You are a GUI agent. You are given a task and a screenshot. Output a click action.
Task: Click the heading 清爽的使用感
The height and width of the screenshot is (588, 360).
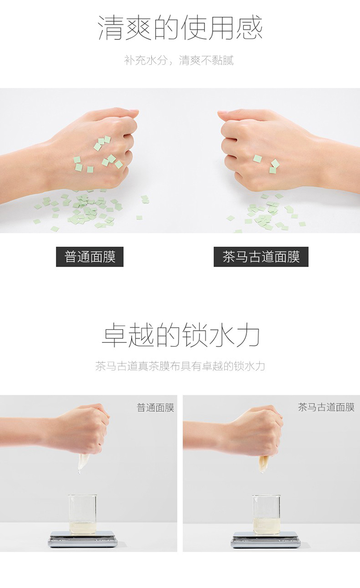180,28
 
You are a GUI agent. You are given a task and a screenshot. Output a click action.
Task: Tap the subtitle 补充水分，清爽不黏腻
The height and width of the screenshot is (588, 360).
179,60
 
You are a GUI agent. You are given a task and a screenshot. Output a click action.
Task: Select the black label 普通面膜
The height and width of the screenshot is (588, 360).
90,257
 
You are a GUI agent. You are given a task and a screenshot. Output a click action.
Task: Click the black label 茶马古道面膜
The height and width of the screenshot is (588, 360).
261,257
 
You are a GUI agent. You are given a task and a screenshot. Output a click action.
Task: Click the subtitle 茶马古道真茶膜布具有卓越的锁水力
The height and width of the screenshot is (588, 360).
180,366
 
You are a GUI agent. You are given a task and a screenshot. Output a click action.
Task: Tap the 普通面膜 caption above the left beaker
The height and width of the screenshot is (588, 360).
156,408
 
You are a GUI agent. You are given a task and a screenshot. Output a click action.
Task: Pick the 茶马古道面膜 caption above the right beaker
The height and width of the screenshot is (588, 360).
326,407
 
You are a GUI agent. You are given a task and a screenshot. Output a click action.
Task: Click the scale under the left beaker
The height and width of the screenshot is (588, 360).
83,539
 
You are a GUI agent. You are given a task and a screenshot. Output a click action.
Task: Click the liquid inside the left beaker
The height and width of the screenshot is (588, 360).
83,527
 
